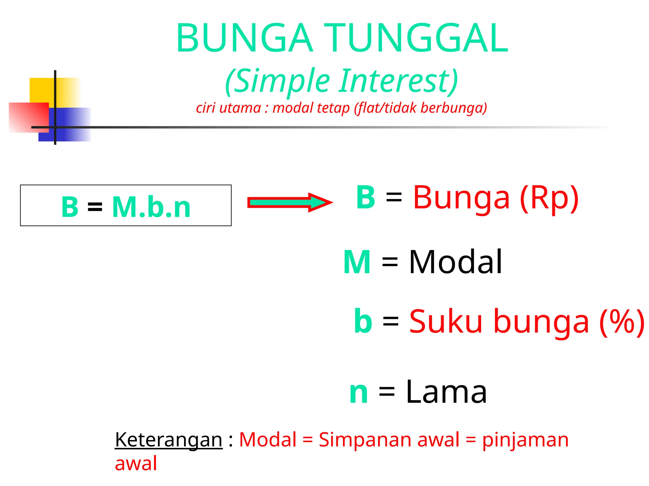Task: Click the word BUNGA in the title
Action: [244, 38]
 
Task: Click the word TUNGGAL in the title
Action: [416, 38]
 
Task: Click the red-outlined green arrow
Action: [289, 202]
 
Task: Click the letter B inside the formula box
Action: [70, 207]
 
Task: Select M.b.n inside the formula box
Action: [151, 207]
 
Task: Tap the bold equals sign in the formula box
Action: [95, 207]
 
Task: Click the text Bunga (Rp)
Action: [496, 198]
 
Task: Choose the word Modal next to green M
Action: [455, 262]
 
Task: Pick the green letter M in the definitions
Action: [357, 262]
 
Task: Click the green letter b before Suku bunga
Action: [363, 321]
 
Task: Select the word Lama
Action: [446, 392]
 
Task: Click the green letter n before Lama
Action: [358, 393]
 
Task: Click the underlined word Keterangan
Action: [169, 440]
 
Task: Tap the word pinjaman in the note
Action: [525, 440]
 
